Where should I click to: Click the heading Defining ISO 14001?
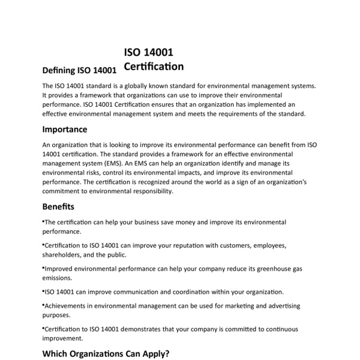pos(79,70)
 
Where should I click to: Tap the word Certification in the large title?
pos(154,66)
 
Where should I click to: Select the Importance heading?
pos(64,130)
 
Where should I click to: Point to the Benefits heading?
pos(58,206)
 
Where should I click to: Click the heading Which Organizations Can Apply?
pos(106,353)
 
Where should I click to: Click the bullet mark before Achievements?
pos(43,304)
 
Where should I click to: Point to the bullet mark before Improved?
pos(43,268)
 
